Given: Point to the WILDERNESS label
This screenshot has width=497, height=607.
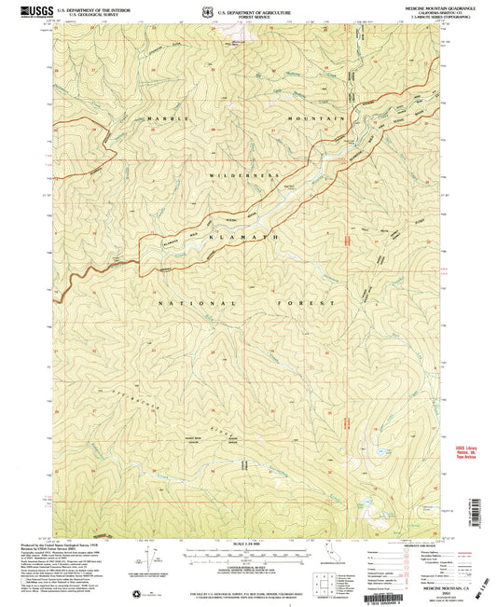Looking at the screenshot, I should (245, 174).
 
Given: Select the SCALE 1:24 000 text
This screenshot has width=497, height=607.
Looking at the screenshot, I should (247, 545).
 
